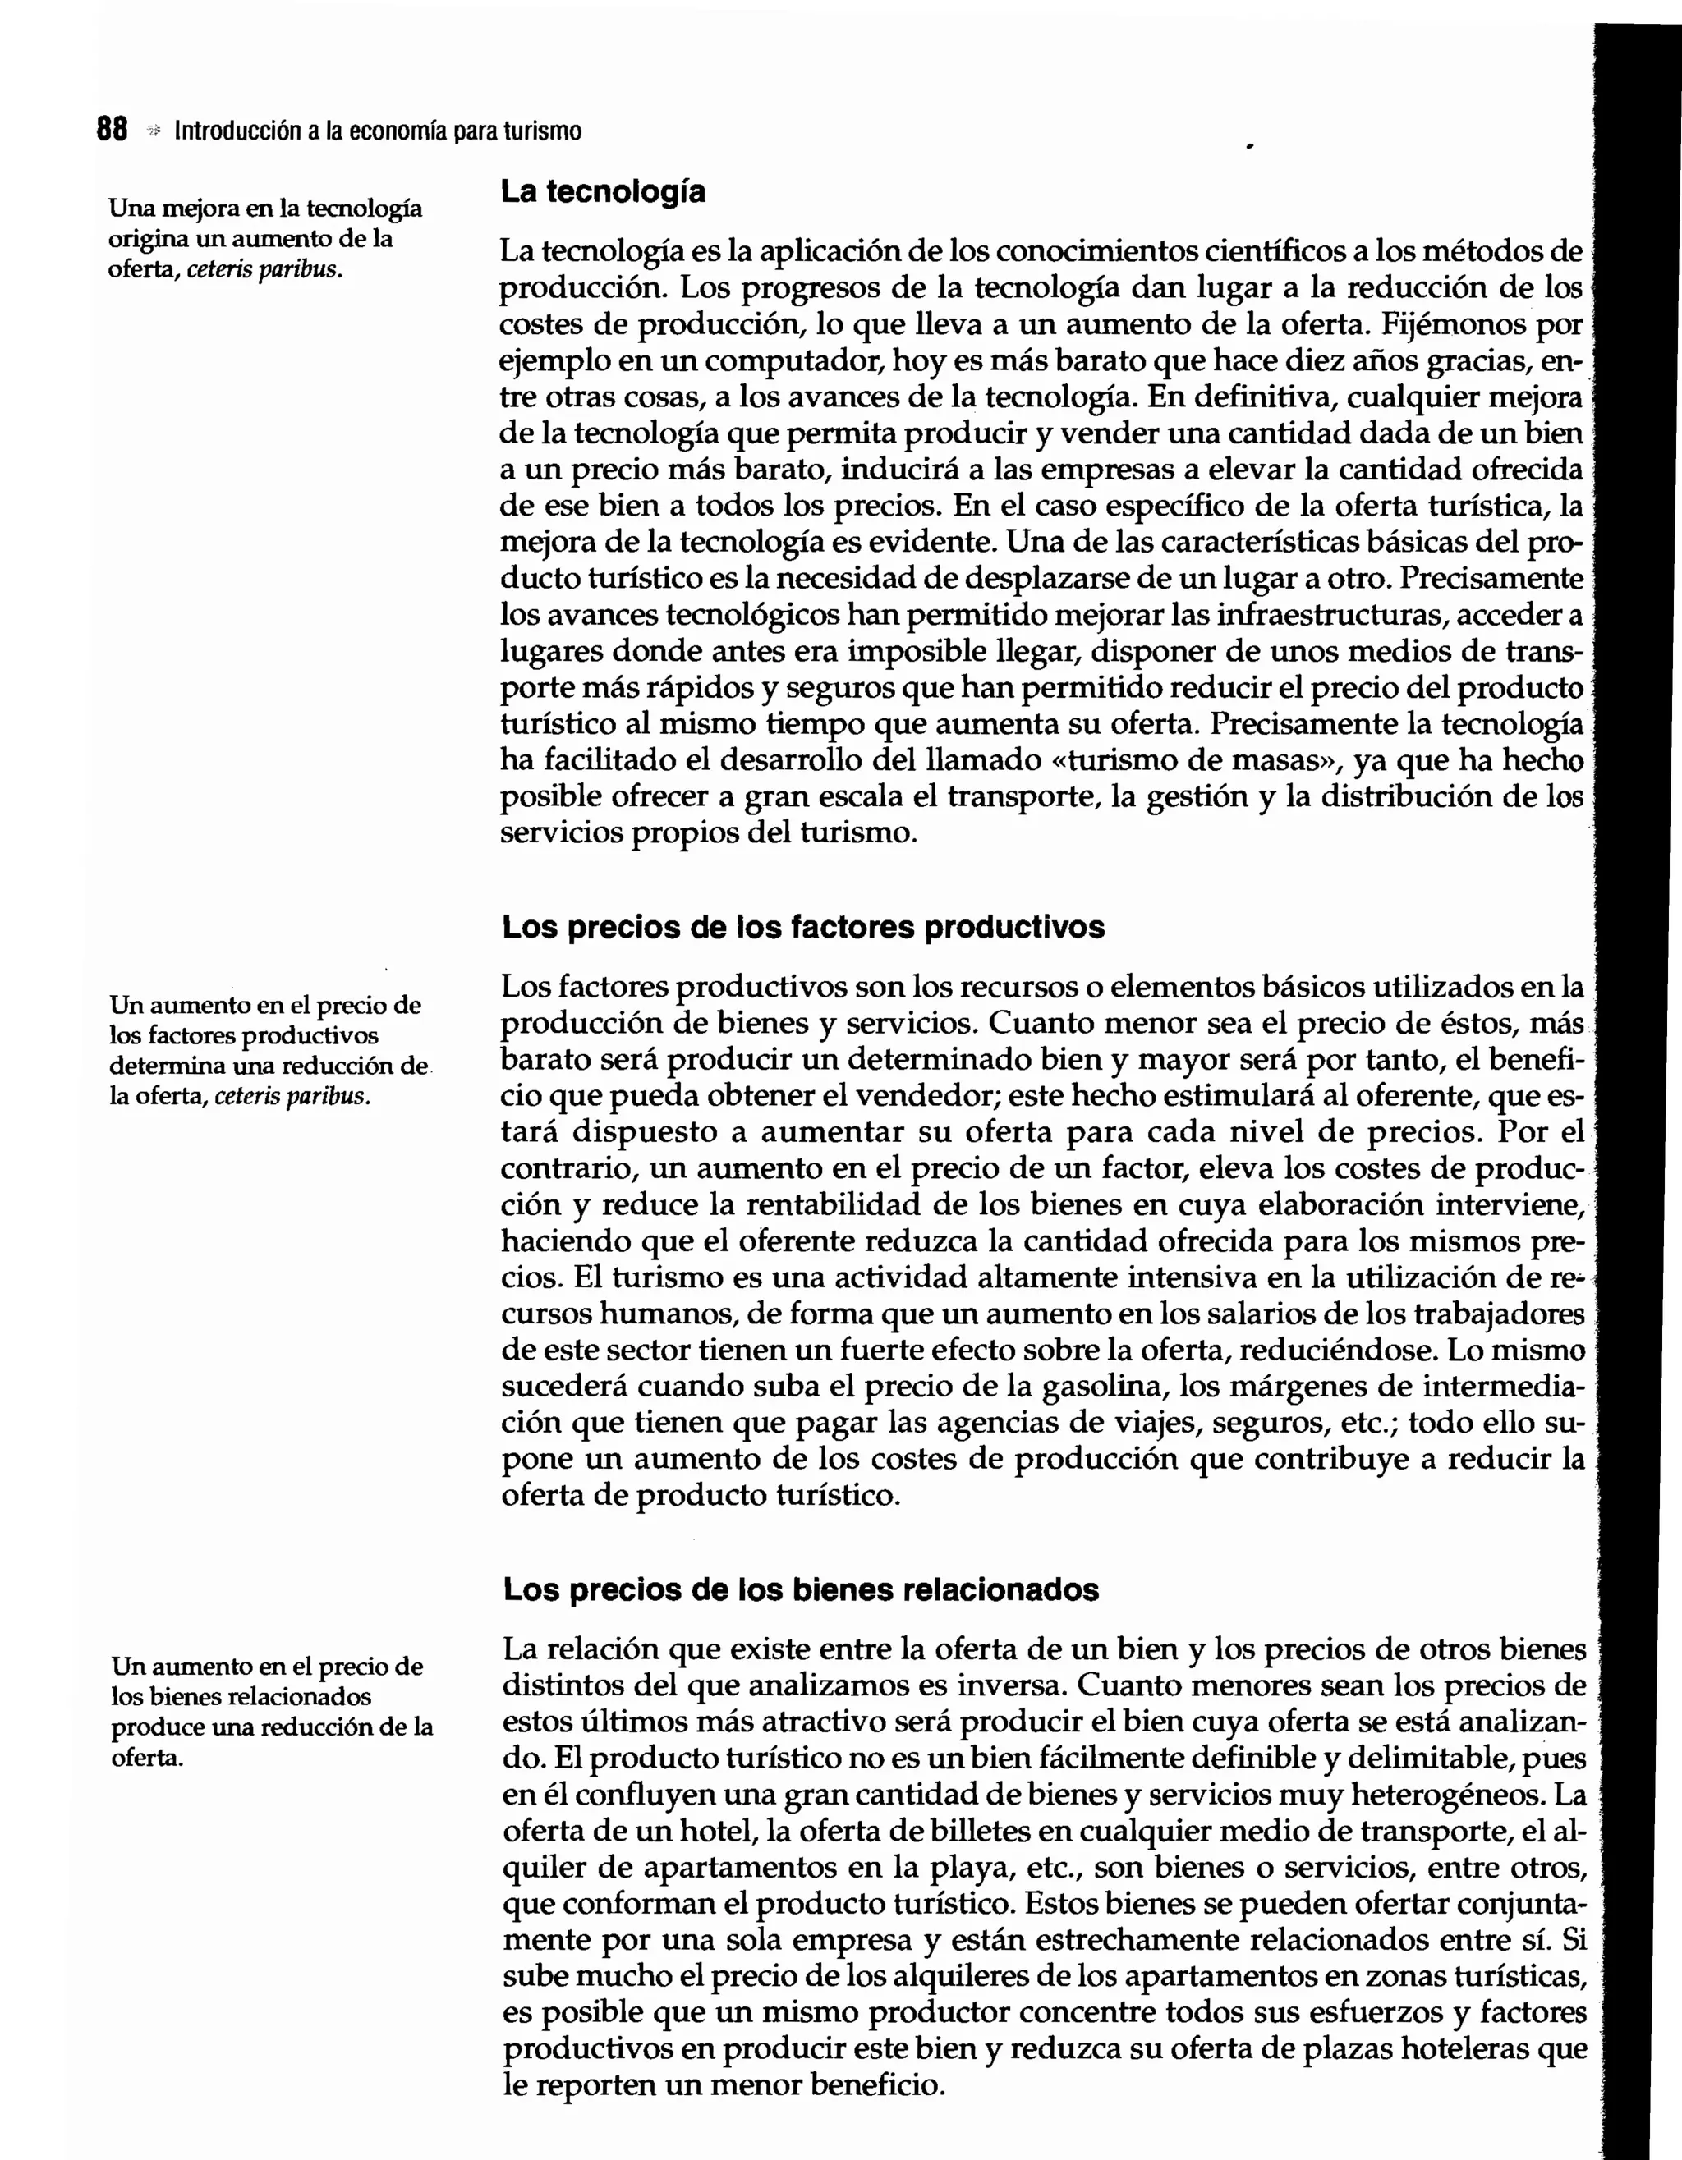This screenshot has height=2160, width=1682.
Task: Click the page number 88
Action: pos(112,130)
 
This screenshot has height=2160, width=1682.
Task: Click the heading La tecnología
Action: pos(603,191)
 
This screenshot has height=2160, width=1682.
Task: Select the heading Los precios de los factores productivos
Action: pos(802,927)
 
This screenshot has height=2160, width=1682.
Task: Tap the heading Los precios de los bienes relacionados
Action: pos(801,1589)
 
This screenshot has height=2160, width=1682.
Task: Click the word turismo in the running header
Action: pos(542,131)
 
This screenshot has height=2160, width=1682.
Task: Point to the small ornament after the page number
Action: pos(153,131)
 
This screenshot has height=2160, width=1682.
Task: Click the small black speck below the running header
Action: pos(1250,146)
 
